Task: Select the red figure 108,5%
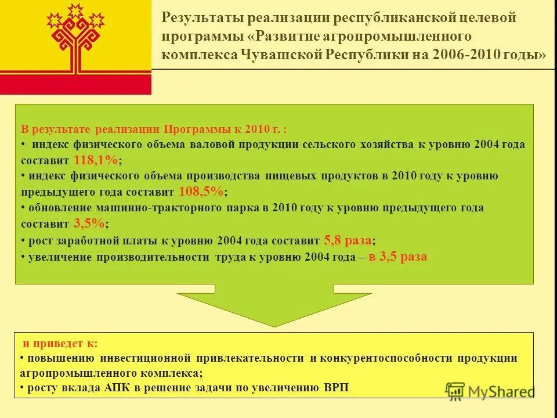(x=201, y=192)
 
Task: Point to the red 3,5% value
(x=89, y=223)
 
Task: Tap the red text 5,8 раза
(x=348, y=240)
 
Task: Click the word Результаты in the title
(x=200, y=18)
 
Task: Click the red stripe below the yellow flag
(x=75, y=84)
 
